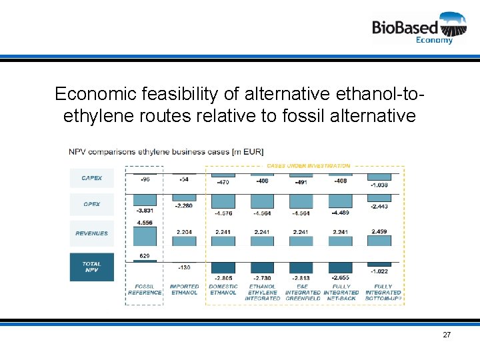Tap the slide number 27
pyautogui.click(x=447, y=334)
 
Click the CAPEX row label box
pyautogui.click(x=91, y=178)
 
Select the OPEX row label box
pyautogui.click(x=91, y=204)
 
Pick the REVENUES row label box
pyautogui.click(x=91, y=233)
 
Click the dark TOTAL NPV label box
pyautogui.click(x=91, y=267)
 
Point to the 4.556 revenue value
pyautogui.click(x=145, y=223)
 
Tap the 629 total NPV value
pyautogui.click(x=145, y=256)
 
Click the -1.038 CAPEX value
pyautogui.click(x=379, y=185)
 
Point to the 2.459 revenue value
pyautogui.click(x=379, y=232)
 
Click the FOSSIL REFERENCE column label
pyautogui.click(x=145, y=289)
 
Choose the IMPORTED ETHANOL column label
pyautogui.click(x=184, y=289)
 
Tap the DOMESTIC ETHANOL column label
pyautogui.click(x=223, y=289)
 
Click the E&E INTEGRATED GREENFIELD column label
pyautogui.click(x=302, y=292)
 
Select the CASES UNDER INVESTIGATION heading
pyautogui.click(x=308, y=165)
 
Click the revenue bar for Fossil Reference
pyautogui.click(x=145, y=237)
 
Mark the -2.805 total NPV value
pyautogui.click(x=223, y=278)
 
